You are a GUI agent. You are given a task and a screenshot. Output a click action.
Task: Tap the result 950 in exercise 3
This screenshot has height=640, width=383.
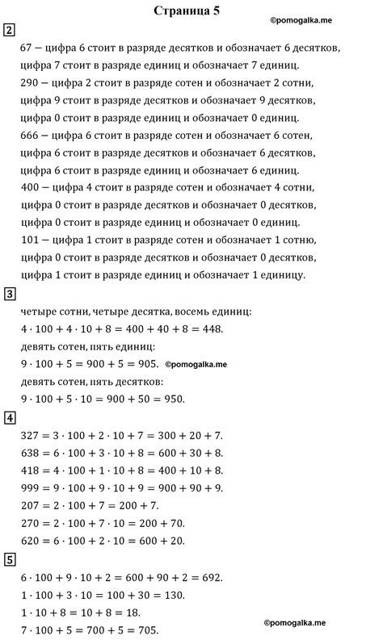(x=173, y=399)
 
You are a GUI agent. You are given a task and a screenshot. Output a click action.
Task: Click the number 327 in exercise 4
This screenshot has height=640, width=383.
(x=30, y=435)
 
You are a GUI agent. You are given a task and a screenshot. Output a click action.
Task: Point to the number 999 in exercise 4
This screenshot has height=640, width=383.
(x=30, y=487)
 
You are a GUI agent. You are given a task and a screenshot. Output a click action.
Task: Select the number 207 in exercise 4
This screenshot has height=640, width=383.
(x=30, y=505)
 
